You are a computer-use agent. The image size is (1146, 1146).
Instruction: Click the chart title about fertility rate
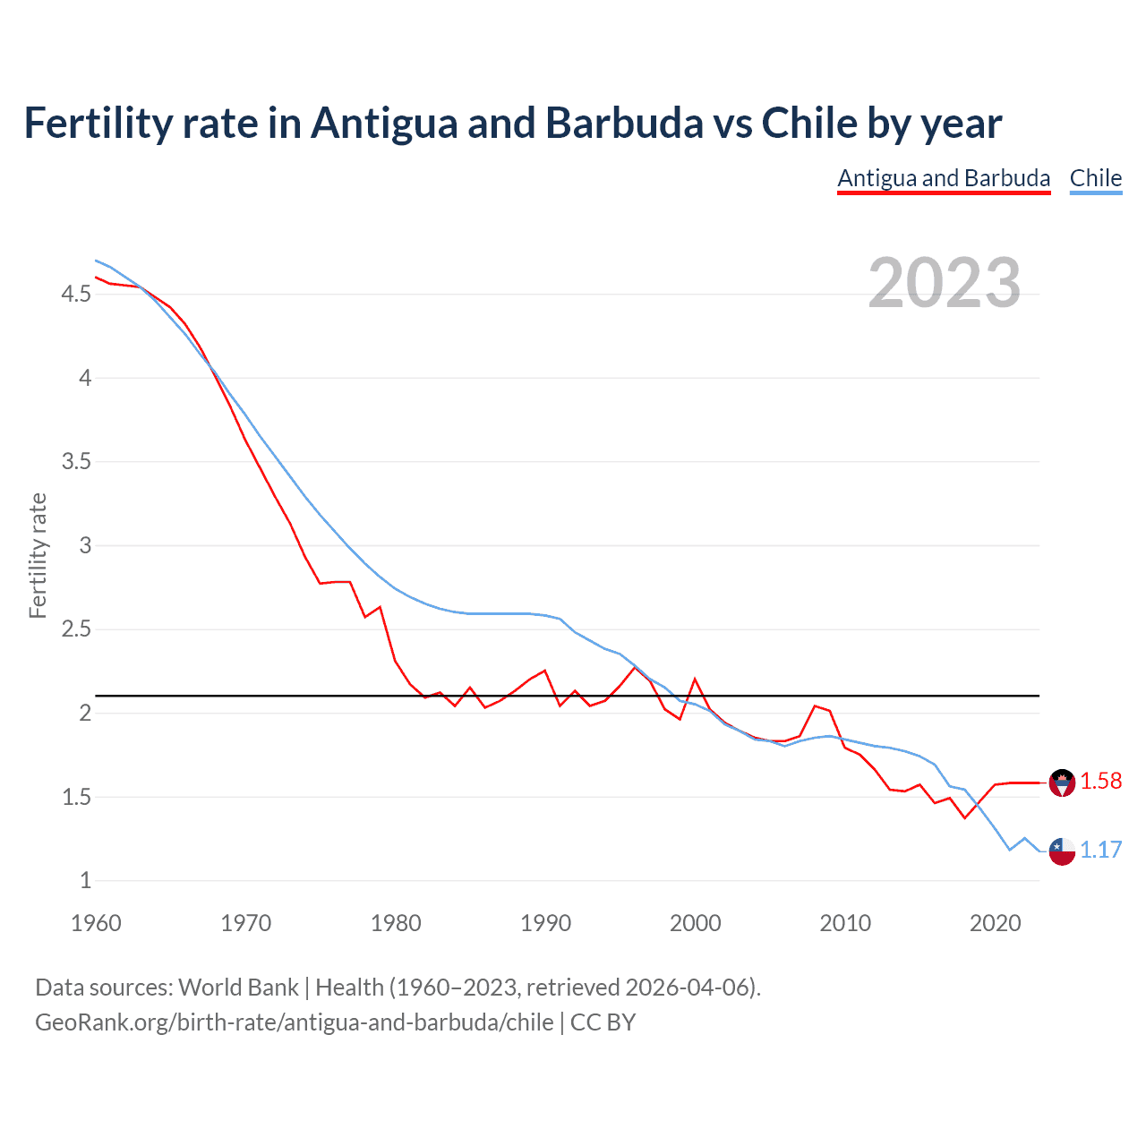point(512,124)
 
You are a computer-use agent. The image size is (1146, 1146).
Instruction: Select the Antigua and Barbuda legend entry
point(944,178)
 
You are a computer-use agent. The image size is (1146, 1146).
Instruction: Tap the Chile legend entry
point(1095,178)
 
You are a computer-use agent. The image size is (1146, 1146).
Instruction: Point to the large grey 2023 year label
point(944,283)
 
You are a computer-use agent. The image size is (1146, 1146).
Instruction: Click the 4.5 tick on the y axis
point(76,295)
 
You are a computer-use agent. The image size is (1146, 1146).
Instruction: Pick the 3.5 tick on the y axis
point(76,462)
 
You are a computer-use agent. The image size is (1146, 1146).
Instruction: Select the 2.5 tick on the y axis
point(76,629)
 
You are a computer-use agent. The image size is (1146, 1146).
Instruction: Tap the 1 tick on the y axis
point(85,881)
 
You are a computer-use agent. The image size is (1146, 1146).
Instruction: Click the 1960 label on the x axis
point(96,923)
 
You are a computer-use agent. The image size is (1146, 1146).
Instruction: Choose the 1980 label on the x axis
point(396,923)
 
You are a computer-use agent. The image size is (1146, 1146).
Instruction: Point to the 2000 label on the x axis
point(695,923)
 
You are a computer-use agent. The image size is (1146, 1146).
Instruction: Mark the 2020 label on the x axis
point(995,923)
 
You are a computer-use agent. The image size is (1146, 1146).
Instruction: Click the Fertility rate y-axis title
point(38,555)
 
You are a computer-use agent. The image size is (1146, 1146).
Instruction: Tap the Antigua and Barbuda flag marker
point(1062,783)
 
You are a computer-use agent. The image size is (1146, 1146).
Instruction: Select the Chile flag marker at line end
point(1062,851)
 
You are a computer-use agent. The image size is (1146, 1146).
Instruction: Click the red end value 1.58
point(1100,782)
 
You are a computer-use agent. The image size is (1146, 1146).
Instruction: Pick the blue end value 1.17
point(1100,851)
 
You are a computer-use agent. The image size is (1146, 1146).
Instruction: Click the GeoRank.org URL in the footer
point(294,1022)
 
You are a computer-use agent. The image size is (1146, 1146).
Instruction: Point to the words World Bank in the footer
point(238,988)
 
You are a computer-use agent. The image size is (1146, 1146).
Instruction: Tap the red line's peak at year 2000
point(695,680)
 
